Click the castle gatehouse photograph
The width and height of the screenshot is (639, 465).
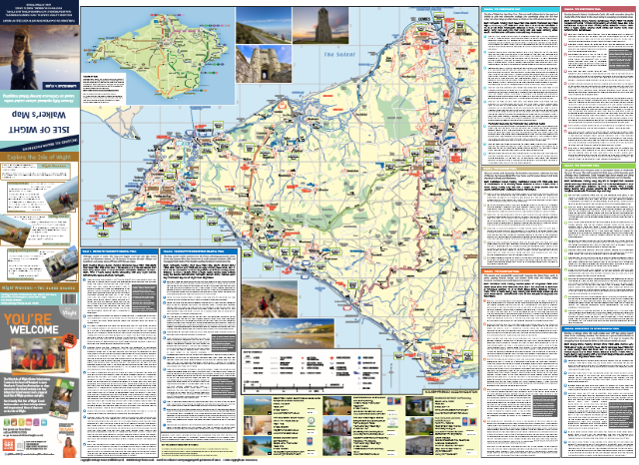pyautogui.click(x=258, y=64)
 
